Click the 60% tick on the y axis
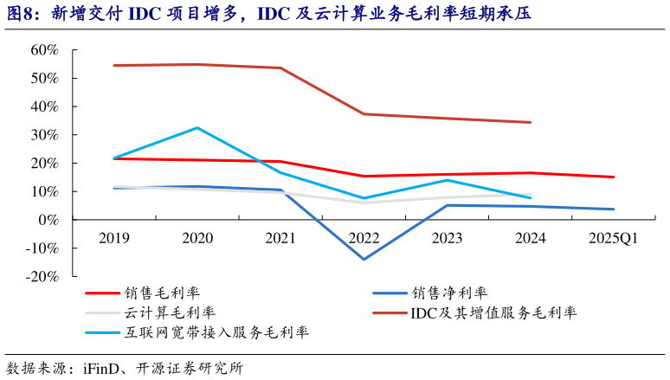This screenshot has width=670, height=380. (x=44, y=50)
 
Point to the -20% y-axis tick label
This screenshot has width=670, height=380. (x=40, y=277)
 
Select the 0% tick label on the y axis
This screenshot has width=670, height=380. (x=48, y=220)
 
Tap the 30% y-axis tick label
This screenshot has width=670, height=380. (x=44, y=135)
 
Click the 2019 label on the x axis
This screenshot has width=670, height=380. (x=114, y=238)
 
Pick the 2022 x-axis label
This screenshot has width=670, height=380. (x=364, y=238)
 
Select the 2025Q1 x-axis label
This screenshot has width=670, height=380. (x=613, y=238)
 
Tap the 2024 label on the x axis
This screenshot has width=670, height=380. (x=530, y=238)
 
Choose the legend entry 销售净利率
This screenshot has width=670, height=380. (x=450, y=293)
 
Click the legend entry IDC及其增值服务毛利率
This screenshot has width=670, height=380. (x=493, y=312)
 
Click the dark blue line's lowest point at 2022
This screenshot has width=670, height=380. (x=364, y=259)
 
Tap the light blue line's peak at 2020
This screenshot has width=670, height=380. (x=197, y=128)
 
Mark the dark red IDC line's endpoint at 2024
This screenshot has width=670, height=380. (x=530, y=122)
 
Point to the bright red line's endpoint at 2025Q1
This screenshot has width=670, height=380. (x=613, y=177)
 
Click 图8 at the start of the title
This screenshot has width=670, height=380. (x=23, y=13)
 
